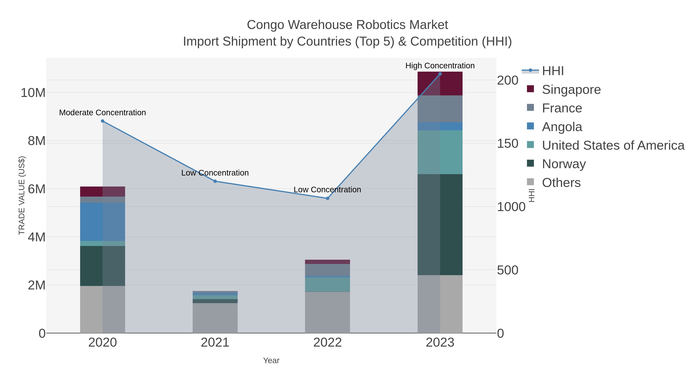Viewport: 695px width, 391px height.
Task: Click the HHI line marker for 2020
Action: (x=103, y=121)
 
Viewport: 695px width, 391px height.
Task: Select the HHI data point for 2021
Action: (x=215, y=181)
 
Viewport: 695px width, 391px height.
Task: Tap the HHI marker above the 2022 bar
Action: (x=328, y=198)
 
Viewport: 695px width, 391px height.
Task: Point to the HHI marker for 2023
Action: (x=440, y=74)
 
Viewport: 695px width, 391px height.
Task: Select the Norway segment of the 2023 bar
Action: (x=440, y=225)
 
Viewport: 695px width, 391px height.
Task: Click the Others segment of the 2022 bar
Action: (x=328, y=312)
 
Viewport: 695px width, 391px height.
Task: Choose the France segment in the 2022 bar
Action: (x=328, y=270)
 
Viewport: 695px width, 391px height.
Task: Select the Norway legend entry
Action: (x=564, y=164)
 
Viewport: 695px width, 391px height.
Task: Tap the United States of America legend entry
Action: (x=613, y=145)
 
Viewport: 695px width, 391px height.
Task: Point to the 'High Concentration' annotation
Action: (x=440, y=66)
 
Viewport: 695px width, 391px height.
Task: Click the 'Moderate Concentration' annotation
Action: (x=103, y=113)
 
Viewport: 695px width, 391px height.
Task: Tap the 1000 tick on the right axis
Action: (x=511, y=207)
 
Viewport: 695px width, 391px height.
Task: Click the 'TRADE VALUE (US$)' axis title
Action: (x=22, y=195)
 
